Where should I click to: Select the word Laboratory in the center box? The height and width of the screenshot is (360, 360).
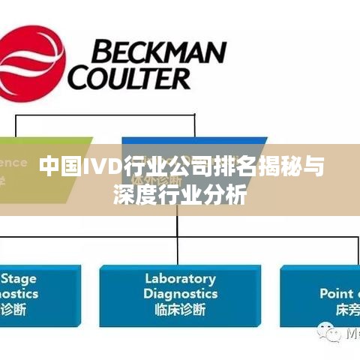[x=180, y=279]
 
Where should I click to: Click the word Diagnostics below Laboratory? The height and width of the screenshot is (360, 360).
[x=180, y=293]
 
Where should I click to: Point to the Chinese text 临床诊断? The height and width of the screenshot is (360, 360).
[x=180, y=308]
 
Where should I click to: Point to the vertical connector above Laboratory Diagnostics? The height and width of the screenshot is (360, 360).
[x=180, y=251]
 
